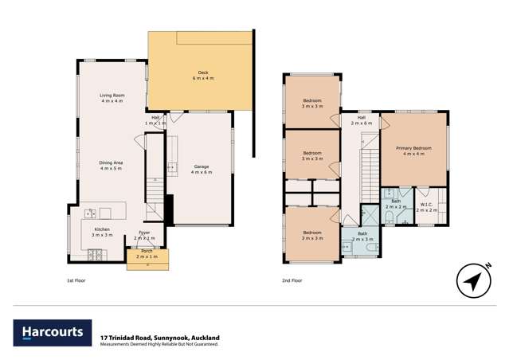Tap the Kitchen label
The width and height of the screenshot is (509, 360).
[x=101, y=231]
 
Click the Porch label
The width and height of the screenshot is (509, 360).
[x=147, y=254]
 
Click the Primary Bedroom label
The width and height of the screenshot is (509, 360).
[x=413, y=151]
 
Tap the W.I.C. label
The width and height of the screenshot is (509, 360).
[x=426, y=205]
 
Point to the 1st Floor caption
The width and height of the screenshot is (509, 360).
[x=78, y=280]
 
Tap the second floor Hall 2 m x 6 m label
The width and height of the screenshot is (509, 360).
[x=362, y=121]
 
